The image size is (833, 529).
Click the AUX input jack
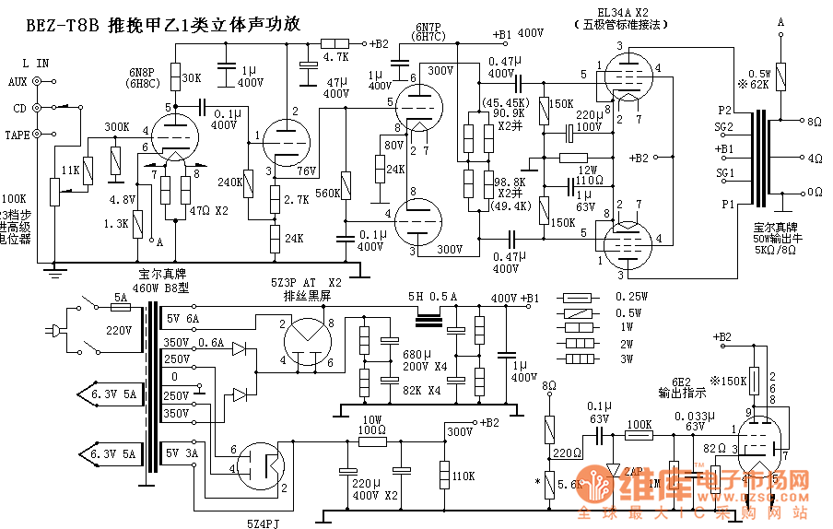[x=38, y=81]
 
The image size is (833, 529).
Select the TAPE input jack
[x=38, y=135]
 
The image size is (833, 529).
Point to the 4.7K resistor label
[x=335, y=56]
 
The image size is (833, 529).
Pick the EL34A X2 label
[x=623, y=13]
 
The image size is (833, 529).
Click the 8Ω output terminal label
[x=815, y=121]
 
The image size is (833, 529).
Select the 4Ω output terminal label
[x=815, y=158]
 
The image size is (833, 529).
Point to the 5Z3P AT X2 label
[x=311, y=282]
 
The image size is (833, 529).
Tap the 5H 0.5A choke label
[x=432, y=297]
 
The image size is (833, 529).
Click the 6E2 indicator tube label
[x=681, y=382]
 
